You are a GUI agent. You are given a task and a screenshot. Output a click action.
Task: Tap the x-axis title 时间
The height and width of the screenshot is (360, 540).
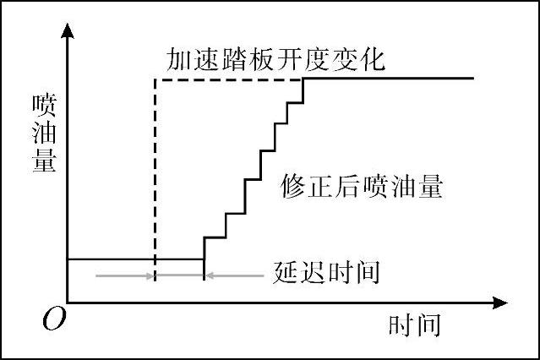[x=415, y=325]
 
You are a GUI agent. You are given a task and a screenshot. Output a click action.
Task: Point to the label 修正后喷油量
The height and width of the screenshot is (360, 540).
[x=361, y=186]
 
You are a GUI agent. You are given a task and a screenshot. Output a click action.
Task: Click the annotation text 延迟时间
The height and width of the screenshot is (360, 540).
[x=327, y=272]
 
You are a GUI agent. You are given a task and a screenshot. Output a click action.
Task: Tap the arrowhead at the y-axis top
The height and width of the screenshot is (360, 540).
[x=67, y=33]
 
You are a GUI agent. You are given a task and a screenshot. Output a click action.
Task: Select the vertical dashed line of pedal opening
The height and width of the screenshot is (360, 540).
[x=154, y=169]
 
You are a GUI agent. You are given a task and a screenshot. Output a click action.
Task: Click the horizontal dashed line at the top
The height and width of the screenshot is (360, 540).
[x=228, y=79]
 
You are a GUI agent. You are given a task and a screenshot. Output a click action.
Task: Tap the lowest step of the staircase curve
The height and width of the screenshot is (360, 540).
[x=215, y=237]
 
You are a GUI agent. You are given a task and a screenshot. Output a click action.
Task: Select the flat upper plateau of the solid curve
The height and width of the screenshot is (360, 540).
[x=389, y=79]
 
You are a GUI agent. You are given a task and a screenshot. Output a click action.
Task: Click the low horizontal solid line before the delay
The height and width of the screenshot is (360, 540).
[x=110, y=259]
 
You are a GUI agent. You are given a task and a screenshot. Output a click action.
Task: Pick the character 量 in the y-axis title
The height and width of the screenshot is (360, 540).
[x=43, y=161]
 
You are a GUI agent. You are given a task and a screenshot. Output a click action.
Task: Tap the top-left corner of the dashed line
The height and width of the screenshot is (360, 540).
[x=154, y=79]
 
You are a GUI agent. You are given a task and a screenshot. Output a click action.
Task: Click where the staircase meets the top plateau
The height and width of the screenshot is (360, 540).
[x=303, y=79]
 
